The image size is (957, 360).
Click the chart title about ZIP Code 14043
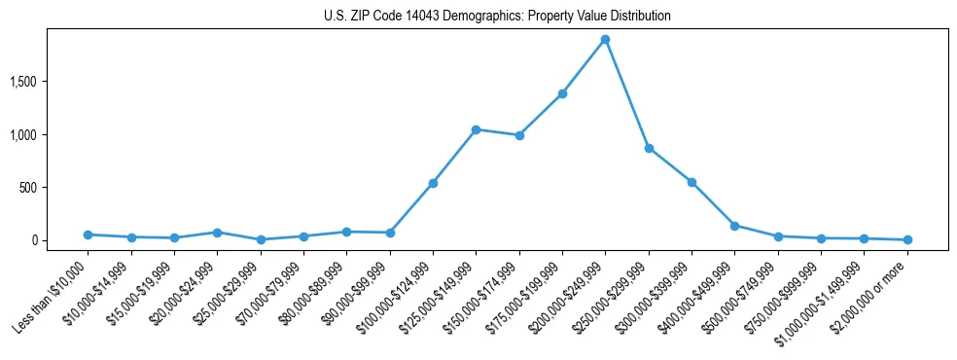coord(497,17)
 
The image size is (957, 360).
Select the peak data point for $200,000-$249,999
coord(605,40)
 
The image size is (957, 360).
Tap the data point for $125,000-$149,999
coord(476,129)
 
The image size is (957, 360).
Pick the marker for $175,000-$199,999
coord(562,93)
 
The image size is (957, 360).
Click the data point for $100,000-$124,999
coord(433,183)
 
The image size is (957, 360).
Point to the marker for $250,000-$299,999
coord(649,149)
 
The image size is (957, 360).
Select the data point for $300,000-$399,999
coord(691,182)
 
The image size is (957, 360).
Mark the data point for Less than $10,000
coord(89,234)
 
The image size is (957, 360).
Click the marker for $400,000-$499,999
coord(734,226)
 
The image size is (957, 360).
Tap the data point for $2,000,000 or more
coord(906,239)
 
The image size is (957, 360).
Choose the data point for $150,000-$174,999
coord(519,135)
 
